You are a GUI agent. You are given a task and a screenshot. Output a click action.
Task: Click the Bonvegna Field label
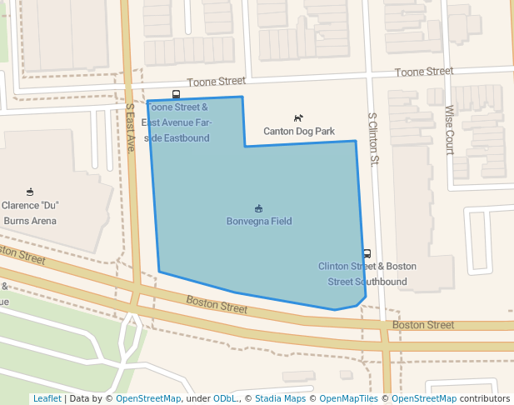(x=259, y=222)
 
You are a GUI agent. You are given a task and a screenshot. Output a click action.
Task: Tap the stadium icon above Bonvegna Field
(x=259, y=207)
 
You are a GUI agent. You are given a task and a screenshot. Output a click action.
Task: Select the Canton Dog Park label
(x=299, y=132)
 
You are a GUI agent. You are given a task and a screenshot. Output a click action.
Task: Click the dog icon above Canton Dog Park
(x=298, y=118)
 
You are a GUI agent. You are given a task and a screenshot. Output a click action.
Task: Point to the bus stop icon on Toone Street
(x=176, y=94)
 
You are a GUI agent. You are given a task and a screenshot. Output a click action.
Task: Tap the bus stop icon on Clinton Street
(x=367, y=253)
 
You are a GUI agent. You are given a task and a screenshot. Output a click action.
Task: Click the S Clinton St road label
(x=372, y=138)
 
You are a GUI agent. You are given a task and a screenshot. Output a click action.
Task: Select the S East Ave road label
(x=130, y=127)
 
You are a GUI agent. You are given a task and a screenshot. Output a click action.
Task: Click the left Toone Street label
(x=216, y=82)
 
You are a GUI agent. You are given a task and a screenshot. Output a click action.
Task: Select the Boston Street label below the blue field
(x=217, y=304)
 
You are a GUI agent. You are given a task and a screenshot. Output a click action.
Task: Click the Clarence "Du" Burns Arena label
(x=30, y=213)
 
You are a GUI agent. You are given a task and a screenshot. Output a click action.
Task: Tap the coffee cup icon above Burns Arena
(x=30, y=192)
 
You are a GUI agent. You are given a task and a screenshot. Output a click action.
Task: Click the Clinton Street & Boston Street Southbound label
(x=367, y=274)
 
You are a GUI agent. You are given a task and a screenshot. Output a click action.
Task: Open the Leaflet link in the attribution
(x=47, y=399)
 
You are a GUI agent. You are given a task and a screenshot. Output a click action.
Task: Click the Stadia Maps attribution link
(x=280, y=399)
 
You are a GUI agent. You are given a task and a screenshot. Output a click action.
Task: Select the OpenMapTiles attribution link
(x=348, y=399)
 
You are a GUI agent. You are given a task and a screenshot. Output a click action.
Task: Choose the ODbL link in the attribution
(x=225, y=399)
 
